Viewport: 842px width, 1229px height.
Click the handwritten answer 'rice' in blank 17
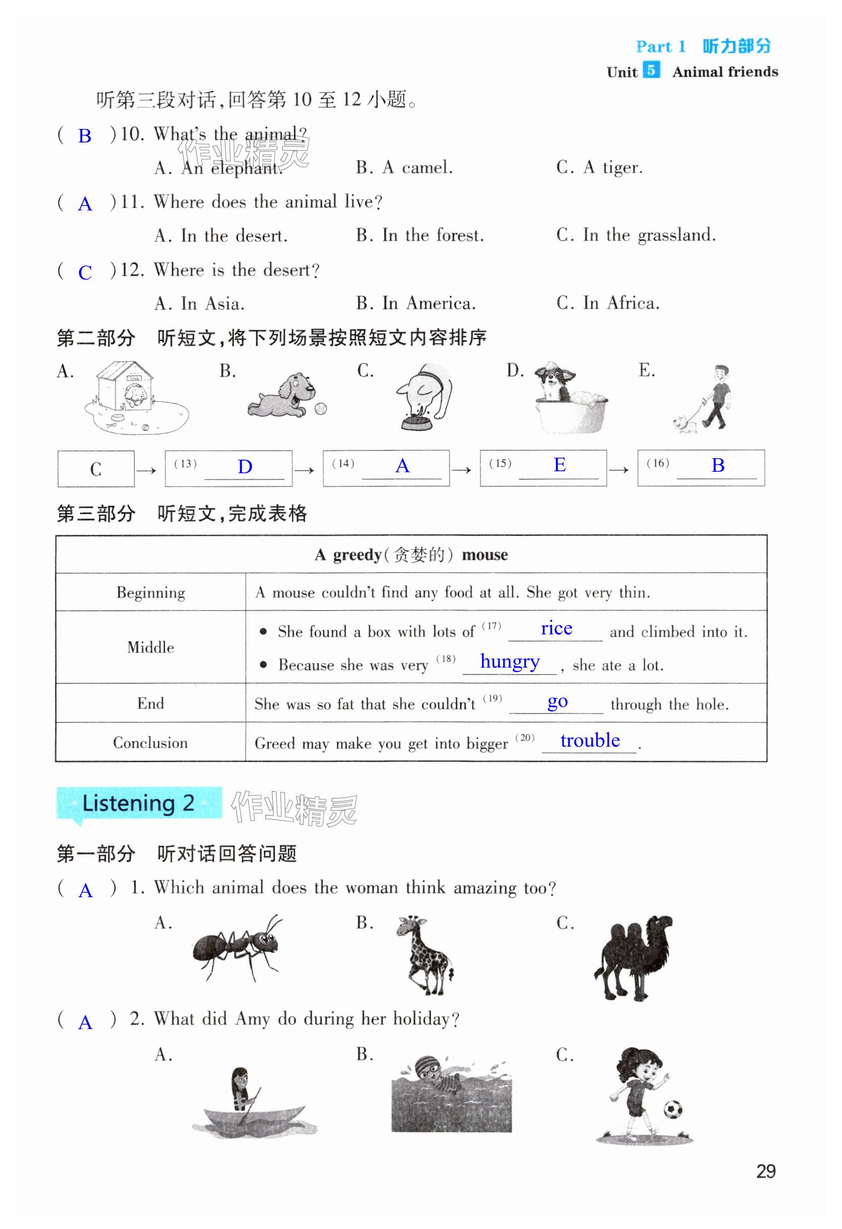pyautogui.click(x=556, y=628)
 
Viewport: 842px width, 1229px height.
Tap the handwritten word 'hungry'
pyautogui.click(x=509, y=662)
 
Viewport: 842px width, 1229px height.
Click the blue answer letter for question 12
pyautogui.click(x=85, y=273)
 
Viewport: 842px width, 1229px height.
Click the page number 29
pyautogui.click(x=765, y=1172)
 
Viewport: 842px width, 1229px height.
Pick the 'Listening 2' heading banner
pyautogui.click(x=138, y=803)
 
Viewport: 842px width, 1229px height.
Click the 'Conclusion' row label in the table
pyautogui.click(x=150, y=743)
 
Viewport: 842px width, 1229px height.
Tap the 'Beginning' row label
pyautogui.click(x=151, y=592)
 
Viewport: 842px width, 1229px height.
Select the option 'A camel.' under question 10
pyautogui.click(x=404, y=168)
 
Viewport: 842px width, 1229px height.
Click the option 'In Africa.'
pyautogui.click(x=608, y=303)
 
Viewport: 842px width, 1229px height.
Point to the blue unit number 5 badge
pyautogui.click(x=651, y=70)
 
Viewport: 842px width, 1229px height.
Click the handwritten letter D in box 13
pyautogui.click(x=244, y=467)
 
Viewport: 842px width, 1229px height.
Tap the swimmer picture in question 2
pyautogui.click(x=451, y=1096)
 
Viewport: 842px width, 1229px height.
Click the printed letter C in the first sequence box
pyautogui.click(x=96, y=469)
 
